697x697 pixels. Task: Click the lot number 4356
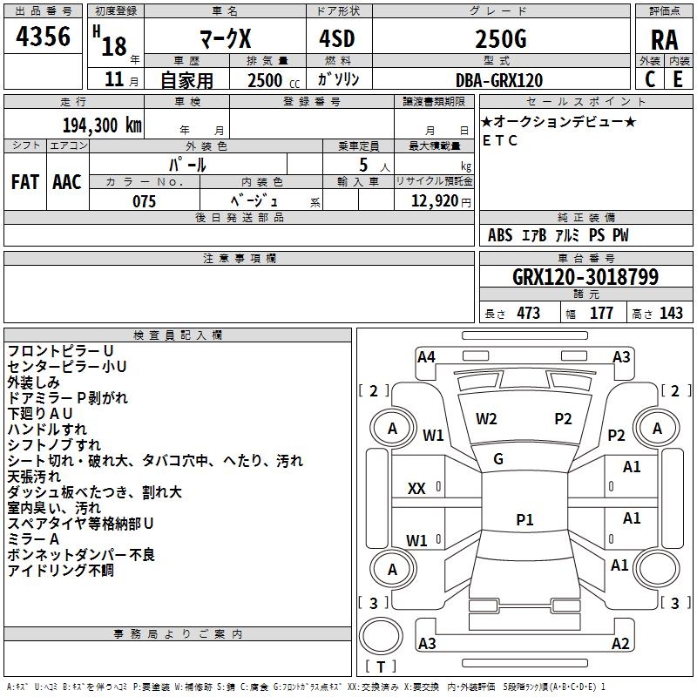44,37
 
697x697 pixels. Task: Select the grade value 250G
500,39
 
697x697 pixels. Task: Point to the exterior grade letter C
650,79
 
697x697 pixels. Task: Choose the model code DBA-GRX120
499,80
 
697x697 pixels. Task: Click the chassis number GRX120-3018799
585,278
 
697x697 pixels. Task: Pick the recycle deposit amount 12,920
434,201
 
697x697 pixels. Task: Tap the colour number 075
144,201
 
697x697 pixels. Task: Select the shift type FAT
25,182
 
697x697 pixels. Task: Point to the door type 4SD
338,39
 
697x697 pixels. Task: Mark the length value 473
528,314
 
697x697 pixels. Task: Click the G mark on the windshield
498,459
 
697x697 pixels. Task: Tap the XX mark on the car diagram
416,489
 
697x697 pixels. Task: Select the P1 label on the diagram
524,519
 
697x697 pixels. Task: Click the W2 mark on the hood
486,418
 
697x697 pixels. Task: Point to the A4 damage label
426,356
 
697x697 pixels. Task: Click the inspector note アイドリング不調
60,571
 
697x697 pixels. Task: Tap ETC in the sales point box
500,140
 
